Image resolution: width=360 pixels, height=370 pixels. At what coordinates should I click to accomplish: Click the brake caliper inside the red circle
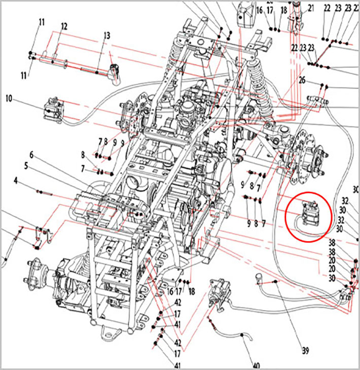(309, 212)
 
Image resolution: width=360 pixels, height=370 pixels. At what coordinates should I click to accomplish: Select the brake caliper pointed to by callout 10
(53, 108)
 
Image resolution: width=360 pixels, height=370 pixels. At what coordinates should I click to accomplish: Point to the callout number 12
(64, 26)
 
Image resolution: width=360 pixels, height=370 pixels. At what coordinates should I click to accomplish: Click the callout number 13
(106, 35)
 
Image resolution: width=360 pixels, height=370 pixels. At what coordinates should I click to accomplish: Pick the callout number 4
(16, 180)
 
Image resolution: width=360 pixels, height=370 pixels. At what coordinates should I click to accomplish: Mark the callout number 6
(31, 154)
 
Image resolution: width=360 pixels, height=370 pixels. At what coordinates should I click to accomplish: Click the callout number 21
(311, 8)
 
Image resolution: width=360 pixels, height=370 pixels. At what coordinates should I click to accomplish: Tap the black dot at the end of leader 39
(274, 281)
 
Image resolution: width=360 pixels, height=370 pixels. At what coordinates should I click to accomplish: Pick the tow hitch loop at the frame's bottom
(109, 332)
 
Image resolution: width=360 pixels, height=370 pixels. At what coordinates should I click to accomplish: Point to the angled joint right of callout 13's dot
(115, 71)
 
